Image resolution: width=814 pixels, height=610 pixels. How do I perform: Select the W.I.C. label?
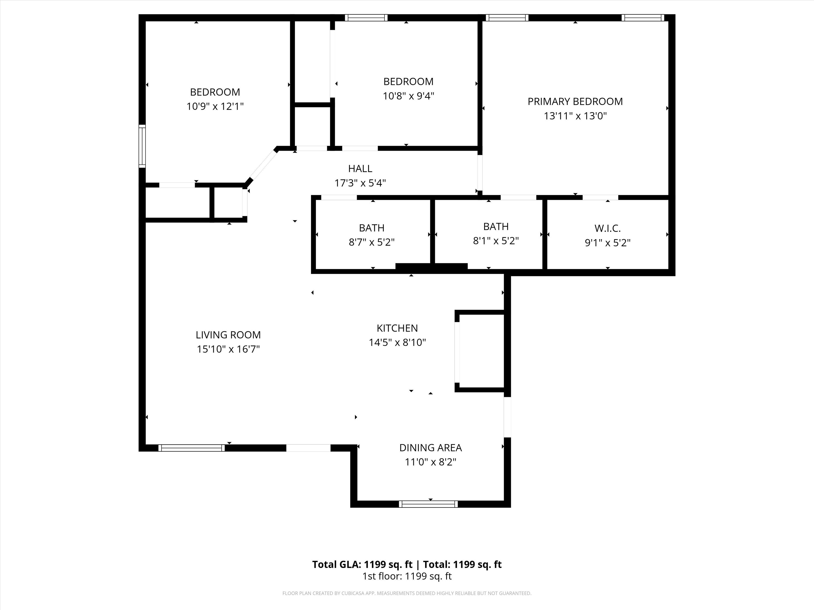pyautogui.click(x=607, y=228)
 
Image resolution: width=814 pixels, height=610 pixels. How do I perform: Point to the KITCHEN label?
pyautogui.click(x=397, y=328)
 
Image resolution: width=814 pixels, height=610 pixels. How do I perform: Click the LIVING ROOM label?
pyautogui.click(x=228, y=335)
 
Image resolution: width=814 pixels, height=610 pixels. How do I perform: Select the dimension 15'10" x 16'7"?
pyautogui.click(x=228, y=349)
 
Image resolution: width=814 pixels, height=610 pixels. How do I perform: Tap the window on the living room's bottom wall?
pyautogui.click(x=191, y=448)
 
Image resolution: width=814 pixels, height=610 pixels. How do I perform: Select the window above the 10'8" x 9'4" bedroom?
pyautogui.click(x=366, y=18)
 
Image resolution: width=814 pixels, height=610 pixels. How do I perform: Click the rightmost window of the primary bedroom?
pyautogui.click(x=643, y=18)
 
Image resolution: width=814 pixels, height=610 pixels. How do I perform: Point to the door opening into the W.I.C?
pyautogui.click(x=600, y=197)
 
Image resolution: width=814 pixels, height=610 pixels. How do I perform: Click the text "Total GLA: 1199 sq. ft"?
pyautogui.click(x=362, y=564)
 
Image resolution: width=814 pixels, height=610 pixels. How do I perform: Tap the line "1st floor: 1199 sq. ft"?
pyautogui.click(x=407, y=576)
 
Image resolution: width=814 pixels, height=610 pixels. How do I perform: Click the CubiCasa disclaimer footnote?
pyautogui.click(x=407, y=593)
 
